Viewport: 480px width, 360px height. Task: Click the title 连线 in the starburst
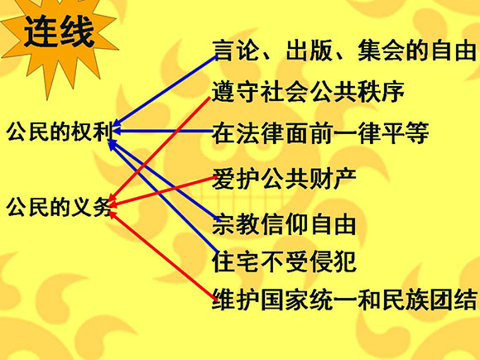[x=59, y=31]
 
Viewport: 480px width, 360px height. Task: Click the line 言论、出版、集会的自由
[x=344, y=50]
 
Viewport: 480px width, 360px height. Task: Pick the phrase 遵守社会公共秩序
[x=308, y=92]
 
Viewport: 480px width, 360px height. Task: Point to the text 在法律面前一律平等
[x=320, y=133]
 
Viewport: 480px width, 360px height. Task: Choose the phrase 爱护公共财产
[x=284, y=179]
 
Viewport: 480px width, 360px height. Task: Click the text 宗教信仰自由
[x=284, y=224]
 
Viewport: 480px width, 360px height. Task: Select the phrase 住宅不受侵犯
[x=284, y=262]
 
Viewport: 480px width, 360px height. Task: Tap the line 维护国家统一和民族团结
[x=344, y=299]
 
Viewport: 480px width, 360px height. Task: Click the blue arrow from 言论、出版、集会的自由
[x=165, y=91]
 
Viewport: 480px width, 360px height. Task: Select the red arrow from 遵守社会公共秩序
[x=160, y=149]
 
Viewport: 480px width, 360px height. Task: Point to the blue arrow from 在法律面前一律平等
[x=163, y=131]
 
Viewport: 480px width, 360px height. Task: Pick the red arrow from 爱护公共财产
[x=162, y=191]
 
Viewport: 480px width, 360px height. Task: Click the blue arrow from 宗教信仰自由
[x=165, y=180]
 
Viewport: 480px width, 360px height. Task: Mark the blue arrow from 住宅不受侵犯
[x=163, y=196]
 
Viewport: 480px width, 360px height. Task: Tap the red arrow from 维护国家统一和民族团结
[x=163, y=255]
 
